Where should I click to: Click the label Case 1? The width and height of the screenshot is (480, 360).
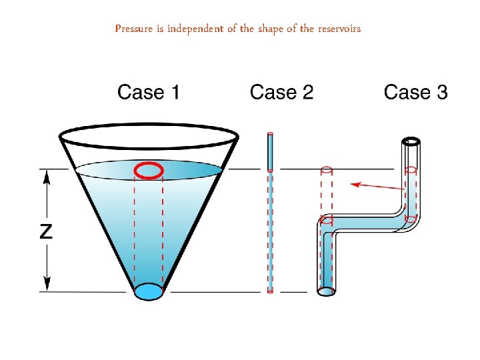pos(148,92)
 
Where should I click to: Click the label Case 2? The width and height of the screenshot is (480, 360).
pos(281,92)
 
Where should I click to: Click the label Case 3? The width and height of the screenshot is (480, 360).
pos(415,92)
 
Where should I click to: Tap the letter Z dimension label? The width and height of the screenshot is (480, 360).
pos(46,231)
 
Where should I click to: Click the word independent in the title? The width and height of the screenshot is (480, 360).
pos(195,29)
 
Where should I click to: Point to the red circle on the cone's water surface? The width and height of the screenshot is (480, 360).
pos(149,171)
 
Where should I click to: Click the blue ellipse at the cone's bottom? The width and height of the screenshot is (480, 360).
pos(148,291)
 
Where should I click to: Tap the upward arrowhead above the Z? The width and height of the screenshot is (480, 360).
pos(46,176)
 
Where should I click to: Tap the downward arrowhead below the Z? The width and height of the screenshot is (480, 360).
pos(46,285)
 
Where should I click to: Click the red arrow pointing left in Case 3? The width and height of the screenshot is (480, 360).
pos(377,185)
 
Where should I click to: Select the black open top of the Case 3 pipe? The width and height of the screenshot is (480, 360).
pos(411,141)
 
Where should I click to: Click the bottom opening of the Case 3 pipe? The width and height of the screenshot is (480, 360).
pos(326,291)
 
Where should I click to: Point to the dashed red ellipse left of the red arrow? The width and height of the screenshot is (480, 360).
pos(326,170)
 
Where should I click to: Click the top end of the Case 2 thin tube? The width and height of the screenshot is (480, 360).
pos(270,135)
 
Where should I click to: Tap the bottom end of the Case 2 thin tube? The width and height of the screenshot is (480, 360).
pos(270,291)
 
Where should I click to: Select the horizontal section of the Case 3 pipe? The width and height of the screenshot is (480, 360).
pos(367,222)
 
